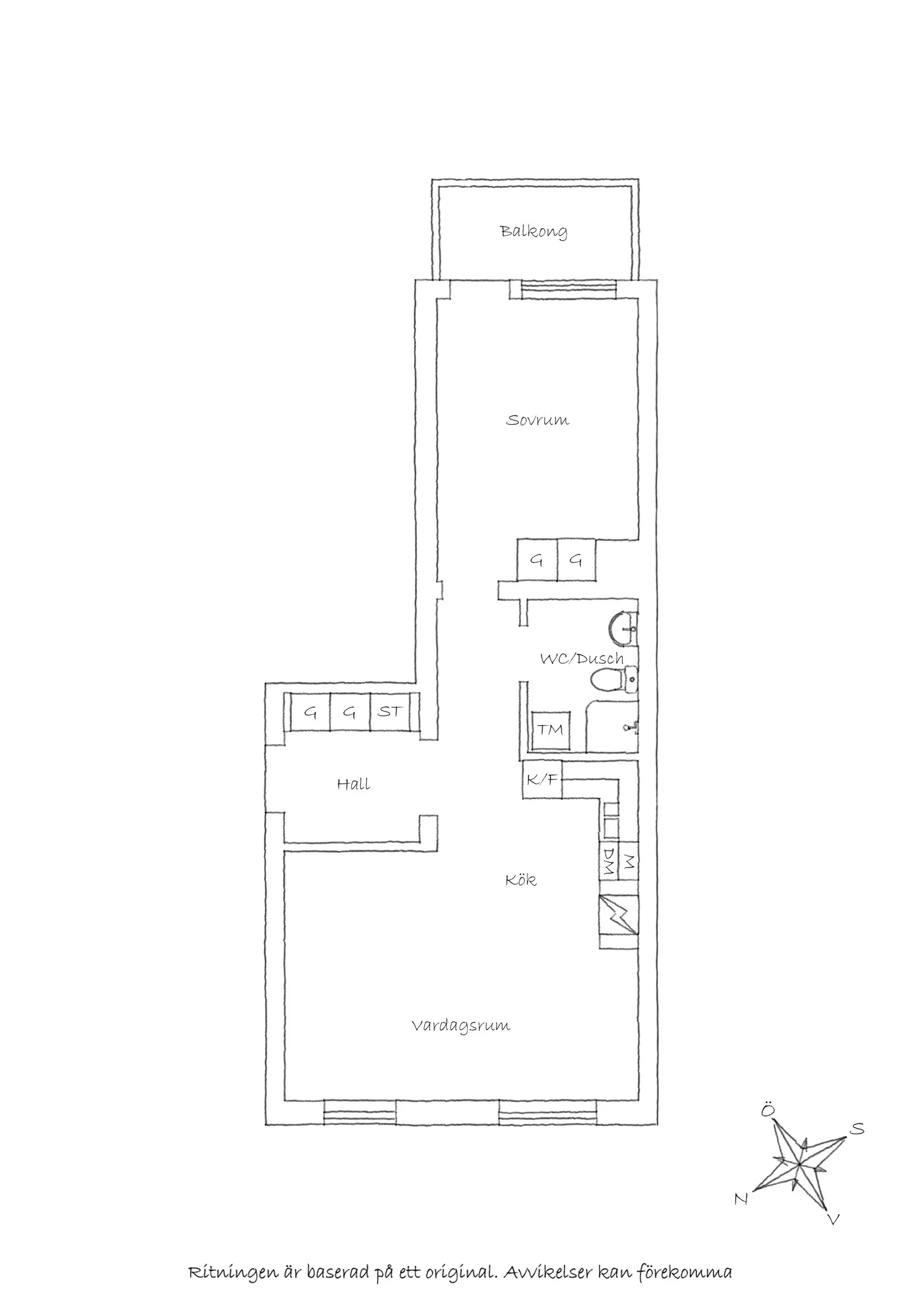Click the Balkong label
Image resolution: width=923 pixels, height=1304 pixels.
click(534, 232)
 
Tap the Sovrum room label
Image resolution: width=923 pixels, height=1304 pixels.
click(537, 420)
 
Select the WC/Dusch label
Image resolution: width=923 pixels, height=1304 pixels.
click(581, 659)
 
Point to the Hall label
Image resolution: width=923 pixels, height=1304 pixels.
click(354, 784)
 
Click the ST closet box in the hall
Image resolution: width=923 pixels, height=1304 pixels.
click(390, 712)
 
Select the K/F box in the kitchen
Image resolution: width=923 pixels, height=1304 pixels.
click(541, 780)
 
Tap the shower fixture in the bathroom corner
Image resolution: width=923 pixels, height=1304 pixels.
click(631, 727)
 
